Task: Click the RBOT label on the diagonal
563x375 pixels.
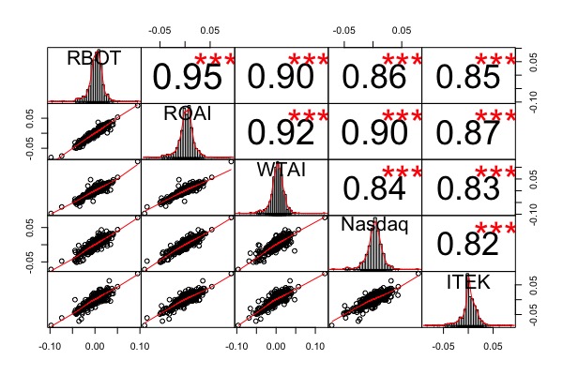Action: (x=94, y=58)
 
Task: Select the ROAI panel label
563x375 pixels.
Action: (x=188, y=113)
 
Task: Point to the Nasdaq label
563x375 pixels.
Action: (x=374, y=226)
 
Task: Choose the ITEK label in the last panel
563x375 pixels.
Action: (x=468, y=281)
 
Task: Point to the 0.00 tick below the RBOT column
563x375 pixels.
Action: (x=94, y=344)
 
